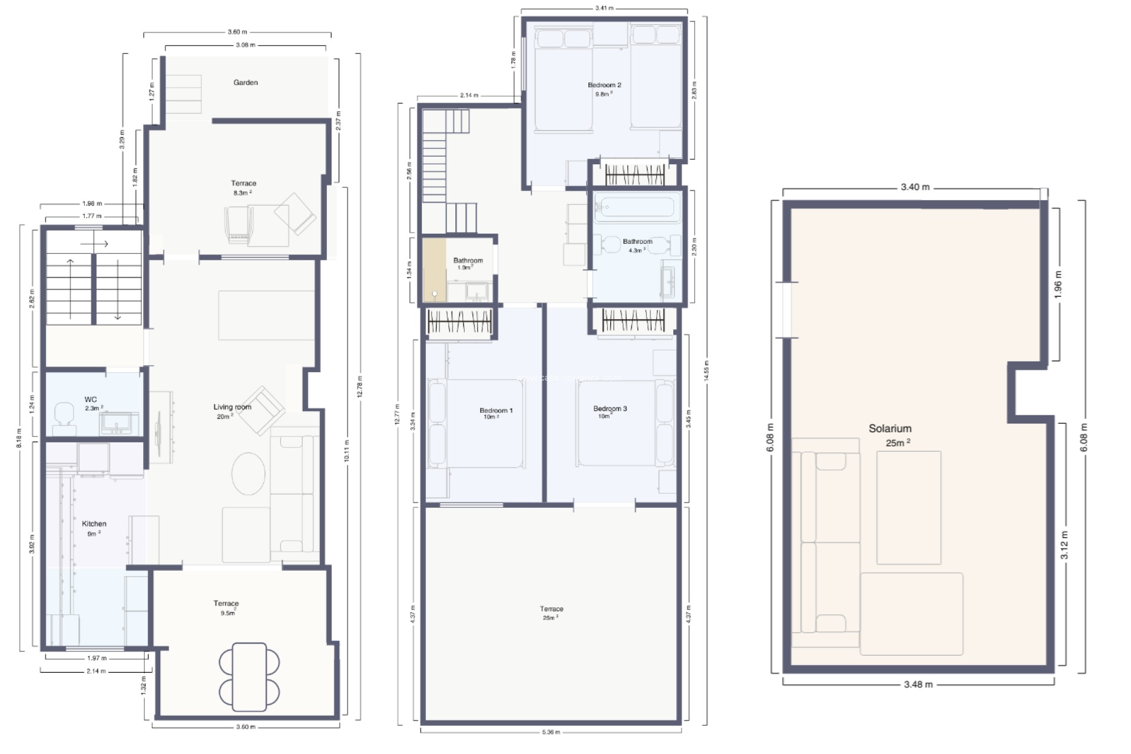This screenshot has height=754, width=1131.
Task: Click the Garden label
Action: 246,82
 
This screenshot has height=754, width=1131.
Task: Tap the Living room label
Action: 232,407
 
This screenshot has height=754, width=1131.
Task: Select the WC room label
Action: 91,399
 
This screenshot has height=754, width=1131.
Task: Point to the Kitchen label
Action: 94,524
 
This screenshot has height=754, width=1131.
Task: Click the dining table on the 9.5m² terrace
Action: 249,677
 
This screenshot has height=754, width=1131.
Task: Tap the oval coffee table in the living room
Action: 248,474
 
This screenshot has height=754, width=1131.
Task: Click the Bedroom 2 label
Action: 604,85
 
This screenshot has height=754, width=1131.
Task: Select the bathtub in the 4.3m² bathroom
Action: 635,207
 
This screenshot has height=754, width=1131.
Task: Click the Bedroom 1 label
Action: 495,411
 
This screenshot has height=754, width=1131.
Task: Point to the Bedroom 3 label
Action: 610,408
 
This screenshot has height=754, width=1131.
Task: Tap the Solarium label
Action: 889,429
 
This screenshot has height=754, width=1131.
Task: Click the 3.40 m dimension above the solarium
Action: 915,187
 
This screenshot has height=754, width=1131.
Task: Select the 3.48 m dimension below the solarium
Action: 918,684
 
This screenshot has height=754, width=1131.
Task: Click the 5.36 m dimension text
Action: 551,732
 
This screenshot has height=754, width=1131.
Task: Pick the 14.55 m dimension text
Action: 706,371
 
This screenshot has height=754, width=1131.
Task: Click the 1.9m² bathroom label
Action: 468,260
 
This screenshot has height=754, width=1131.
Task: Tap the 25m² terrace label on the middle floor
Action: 551,609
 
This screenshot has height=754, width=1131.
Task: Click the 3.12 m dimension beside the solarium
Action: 1064,545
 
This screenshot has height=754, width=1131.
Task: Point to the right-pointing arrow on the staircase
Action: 94,243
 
